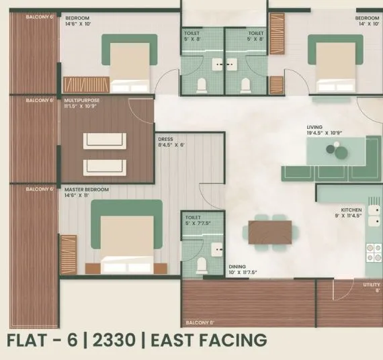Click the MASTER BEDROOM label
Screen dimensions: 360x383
pyautogui.click(x=86, y=189)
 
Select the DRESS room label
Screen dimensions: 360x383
pyautogui.click(x=165, y=138)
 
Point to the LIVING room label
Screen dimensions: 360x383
pyautogui.click(x=314, y=127)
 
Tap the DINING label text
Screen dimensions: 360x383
pyautogui.click(x=237, y=266)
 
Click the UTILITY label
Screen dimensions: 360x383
pyautogui.click(x=372, y=284)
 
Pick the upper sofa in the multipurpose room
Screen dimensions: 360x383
pyautogui.click(x=104, y=140)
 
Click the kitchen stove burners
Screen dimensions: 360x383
pyautogui.click(x=373, y=251)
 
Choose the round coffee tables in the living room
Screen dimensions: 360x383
pyautogui.click(x=334, y=149)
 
